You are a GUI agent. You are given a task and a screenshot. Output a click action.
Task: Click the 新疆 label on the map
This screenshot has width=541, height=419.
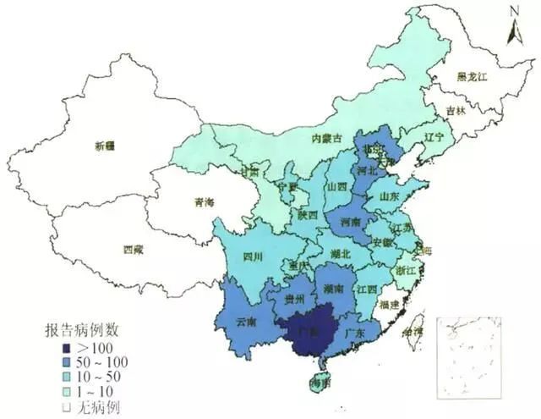(106, 145)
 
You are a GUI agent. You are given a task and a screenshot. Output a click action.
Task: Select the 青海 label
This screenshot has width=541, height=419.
(203, 202)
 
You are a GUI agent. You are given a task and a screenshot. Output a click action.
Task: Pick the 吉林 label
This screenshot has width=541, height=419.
(456, 111)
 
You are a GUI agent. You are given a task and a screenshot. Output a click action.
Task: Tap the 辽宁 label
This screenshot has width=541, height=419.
(434, 135)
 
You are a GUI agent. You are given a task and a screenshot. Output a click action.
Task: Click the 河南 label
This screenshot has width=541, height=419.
(350, 222)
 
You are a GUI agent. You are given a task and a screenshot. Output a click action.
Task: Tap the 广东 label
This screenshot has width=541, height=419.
(356, 334)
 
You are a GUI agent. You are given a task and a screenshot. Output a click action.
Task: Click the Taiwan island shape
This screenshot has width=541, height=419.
(414, 332)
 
